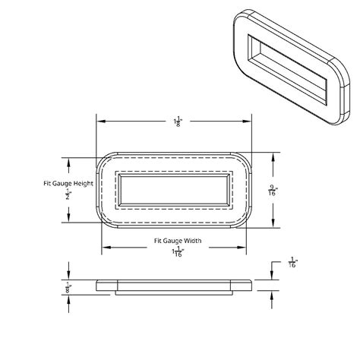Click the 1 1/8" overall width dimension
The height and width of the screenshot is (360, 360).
(x=177, y=122)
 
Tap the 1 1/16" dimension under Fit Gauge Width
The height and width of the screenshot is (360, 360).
(x=177, y=252)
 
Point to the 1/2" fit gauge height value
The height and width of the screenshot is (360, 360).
(x=70, y=194)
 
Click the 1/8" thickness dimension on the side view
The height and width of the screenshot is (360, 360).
(x=70, y=287)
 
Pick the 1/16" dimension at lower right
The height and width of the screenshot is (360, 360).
(x=293, y=264)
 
